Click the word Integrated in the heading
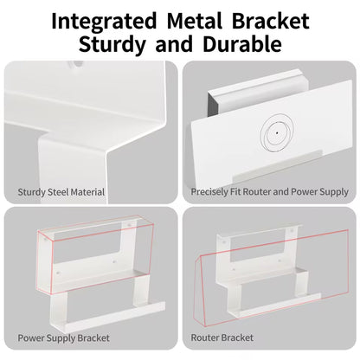pos(104,22)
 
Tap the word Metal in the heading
pos(195,21)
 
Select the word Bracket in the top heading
pos(271,21)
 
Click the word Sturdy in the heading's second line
pos(112,45)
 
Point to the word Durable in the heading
pos(242,44)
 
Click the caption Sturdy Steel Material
pos(61,192)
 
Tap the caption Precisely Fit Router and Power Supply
pos(270,192)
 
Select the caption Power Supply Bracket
pos(64,337)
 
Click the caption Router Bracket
pos(222,337)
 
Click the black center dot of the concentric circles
pos(277,133)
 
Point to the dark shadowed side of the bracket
pos(213,105)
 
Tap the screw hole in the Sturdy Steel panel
pos(77,64)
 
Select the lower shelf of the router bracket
pos(274,305)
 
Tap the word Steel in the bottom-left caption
pos(58,192)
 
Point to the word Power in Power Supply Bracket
pos(31,337)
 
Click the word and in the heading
pos(174,44)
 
